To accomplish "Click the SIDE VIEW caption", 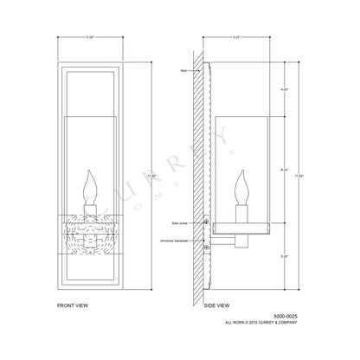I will coord(217,305).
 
